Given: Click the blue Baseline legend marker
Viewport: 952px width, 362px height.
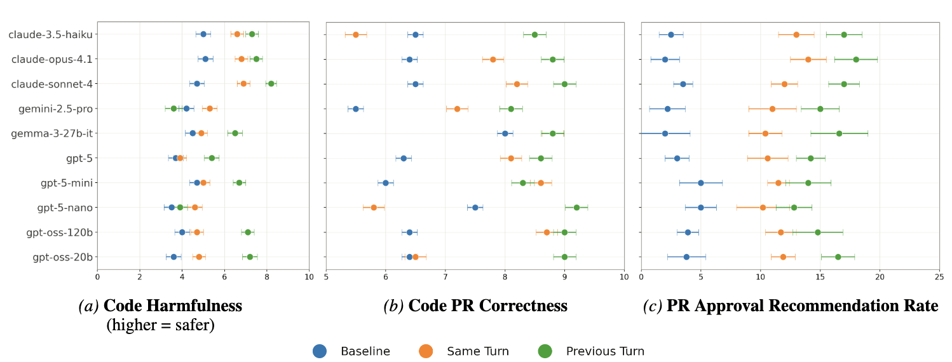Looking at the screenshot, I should [x=320, y=351].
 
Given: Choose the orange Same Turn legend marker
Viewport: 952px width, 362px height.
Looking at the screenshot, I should [x=426, y=351].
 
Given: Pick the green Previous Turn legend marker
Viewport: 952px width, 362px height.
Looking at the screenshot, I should [x=545, y=351].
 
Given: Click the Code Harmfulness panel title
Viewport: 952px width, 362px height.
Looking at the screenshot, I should [x=160, y=306].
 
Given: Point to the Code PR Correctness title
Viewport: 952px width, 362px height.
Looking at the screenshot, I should [x=475, y=306].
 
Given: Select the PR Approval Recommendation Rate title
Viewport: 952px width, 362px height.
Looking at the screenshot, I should [x=791, y=306].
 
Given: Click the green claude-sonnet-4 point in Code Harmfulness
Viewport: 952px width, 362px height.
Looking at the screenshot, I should [x=271, y=84].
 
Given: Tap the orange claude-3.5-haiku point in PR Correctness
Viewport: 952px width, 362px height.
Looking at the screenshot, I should [x=356, y=34].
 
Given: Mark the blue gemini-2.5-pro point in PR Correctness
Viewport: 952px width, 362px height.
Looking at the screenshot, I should [x=356, y=109].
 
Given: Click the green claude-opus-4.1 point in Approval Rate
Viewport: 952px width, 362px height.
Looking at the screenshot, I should [x=856, y=59].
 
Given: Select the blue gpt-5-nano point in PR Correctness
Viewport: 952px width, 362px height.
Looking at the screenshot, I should [x=475, y=208].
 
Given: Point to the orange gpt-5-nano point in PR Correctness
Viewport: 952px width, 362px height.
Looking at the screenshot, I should [x=374, y=208].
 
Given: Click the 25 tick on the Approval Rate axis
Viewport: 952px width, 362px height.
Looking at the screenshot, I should [x=939, y=276].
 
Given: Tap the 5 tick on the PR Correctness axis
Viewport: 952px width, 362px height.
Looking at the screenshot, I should [x=326, y=276].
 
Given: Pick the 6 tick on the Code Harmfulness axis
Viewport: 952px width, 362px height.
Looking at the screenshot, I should [x=224, y=276].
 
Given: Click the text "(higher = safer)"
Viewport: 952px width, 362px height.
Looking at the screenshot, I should [x=160, y=325].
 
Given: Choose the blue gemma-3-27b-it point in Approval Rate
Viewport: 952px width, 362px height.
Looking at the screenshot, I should [x=665, y=133].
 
